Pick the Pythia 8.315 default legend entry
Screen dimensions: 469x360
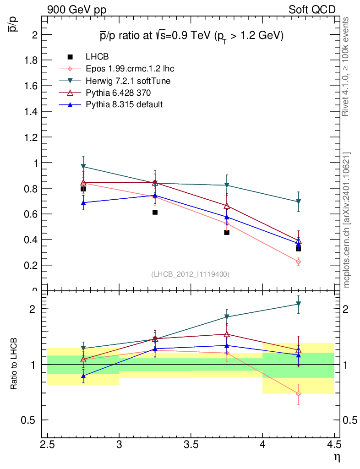124,104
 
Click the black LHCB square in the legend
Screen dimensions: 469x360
71,57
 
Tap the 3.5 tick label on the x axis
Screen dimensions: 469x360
191,445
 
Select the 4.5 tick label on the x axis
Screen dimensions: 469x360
334,445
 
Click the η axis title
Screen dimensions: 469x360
337,457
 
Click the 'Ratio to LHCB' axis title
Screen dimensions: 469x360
14,365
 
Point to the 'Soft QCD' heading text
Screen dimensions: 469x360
311,10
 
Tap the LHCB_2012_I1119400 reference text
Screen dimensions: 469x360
190,274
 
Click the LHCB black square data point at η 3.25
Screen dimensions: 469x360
155,212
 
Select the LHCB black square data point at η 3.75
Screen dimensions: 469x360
227,232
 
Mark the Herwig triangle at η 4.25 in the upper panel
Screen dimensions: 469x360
299,202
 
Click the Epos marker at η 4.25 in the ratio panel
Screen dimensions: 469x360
299,393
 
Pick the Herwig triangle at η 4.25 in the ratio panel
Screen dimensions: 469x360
299,304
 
